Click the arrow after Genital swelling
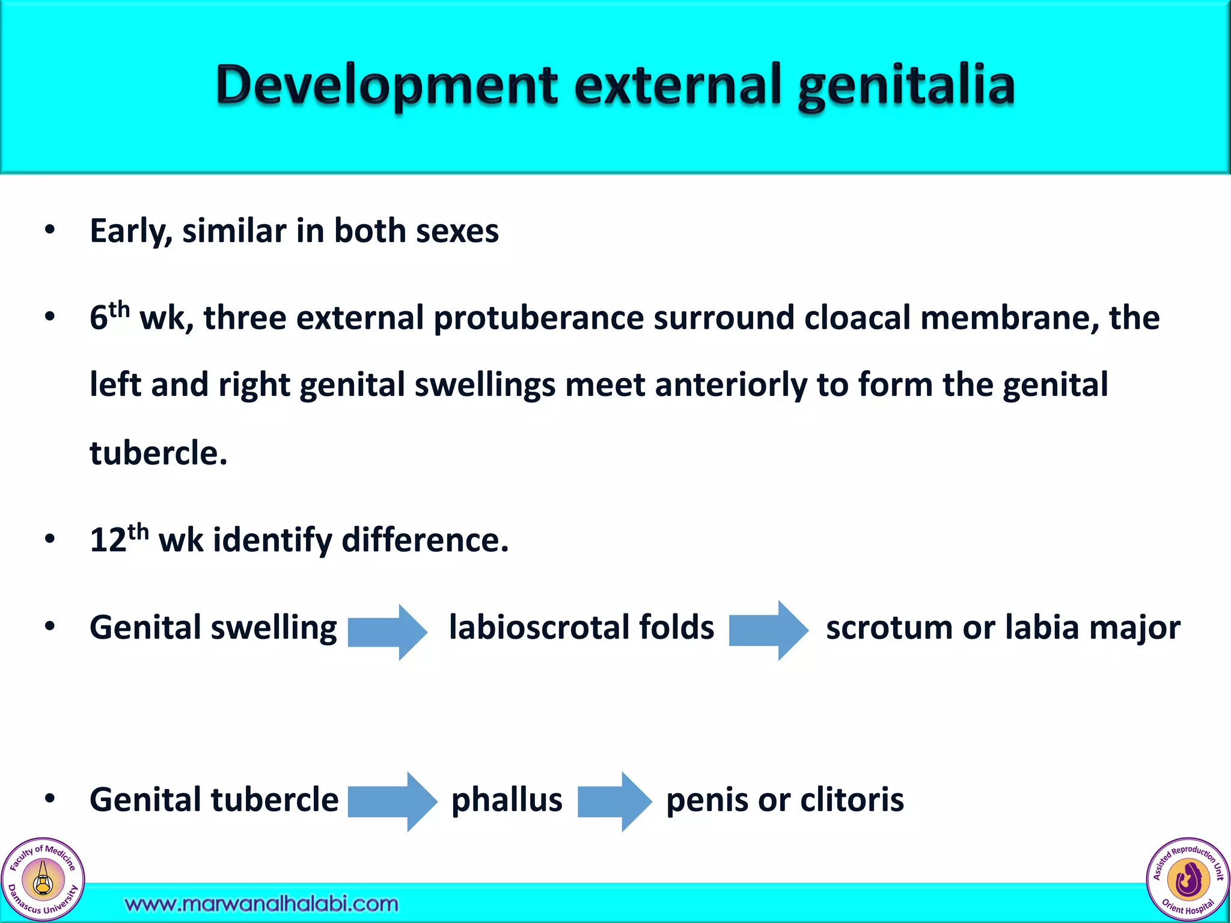[387, 631]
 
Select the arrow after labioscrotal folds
[768, 631]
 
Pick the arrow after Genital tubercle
[392, 802]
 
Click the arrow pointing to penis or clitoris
[614, 802]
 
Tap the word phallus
[507, 800]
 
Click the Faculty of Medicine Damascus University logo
[43, 880]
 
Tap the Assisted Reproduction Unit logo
[1188, 880]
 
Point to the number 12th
[118, 538]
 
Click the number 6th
[109, 316]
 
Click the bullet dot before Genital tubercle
[50, 799]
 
